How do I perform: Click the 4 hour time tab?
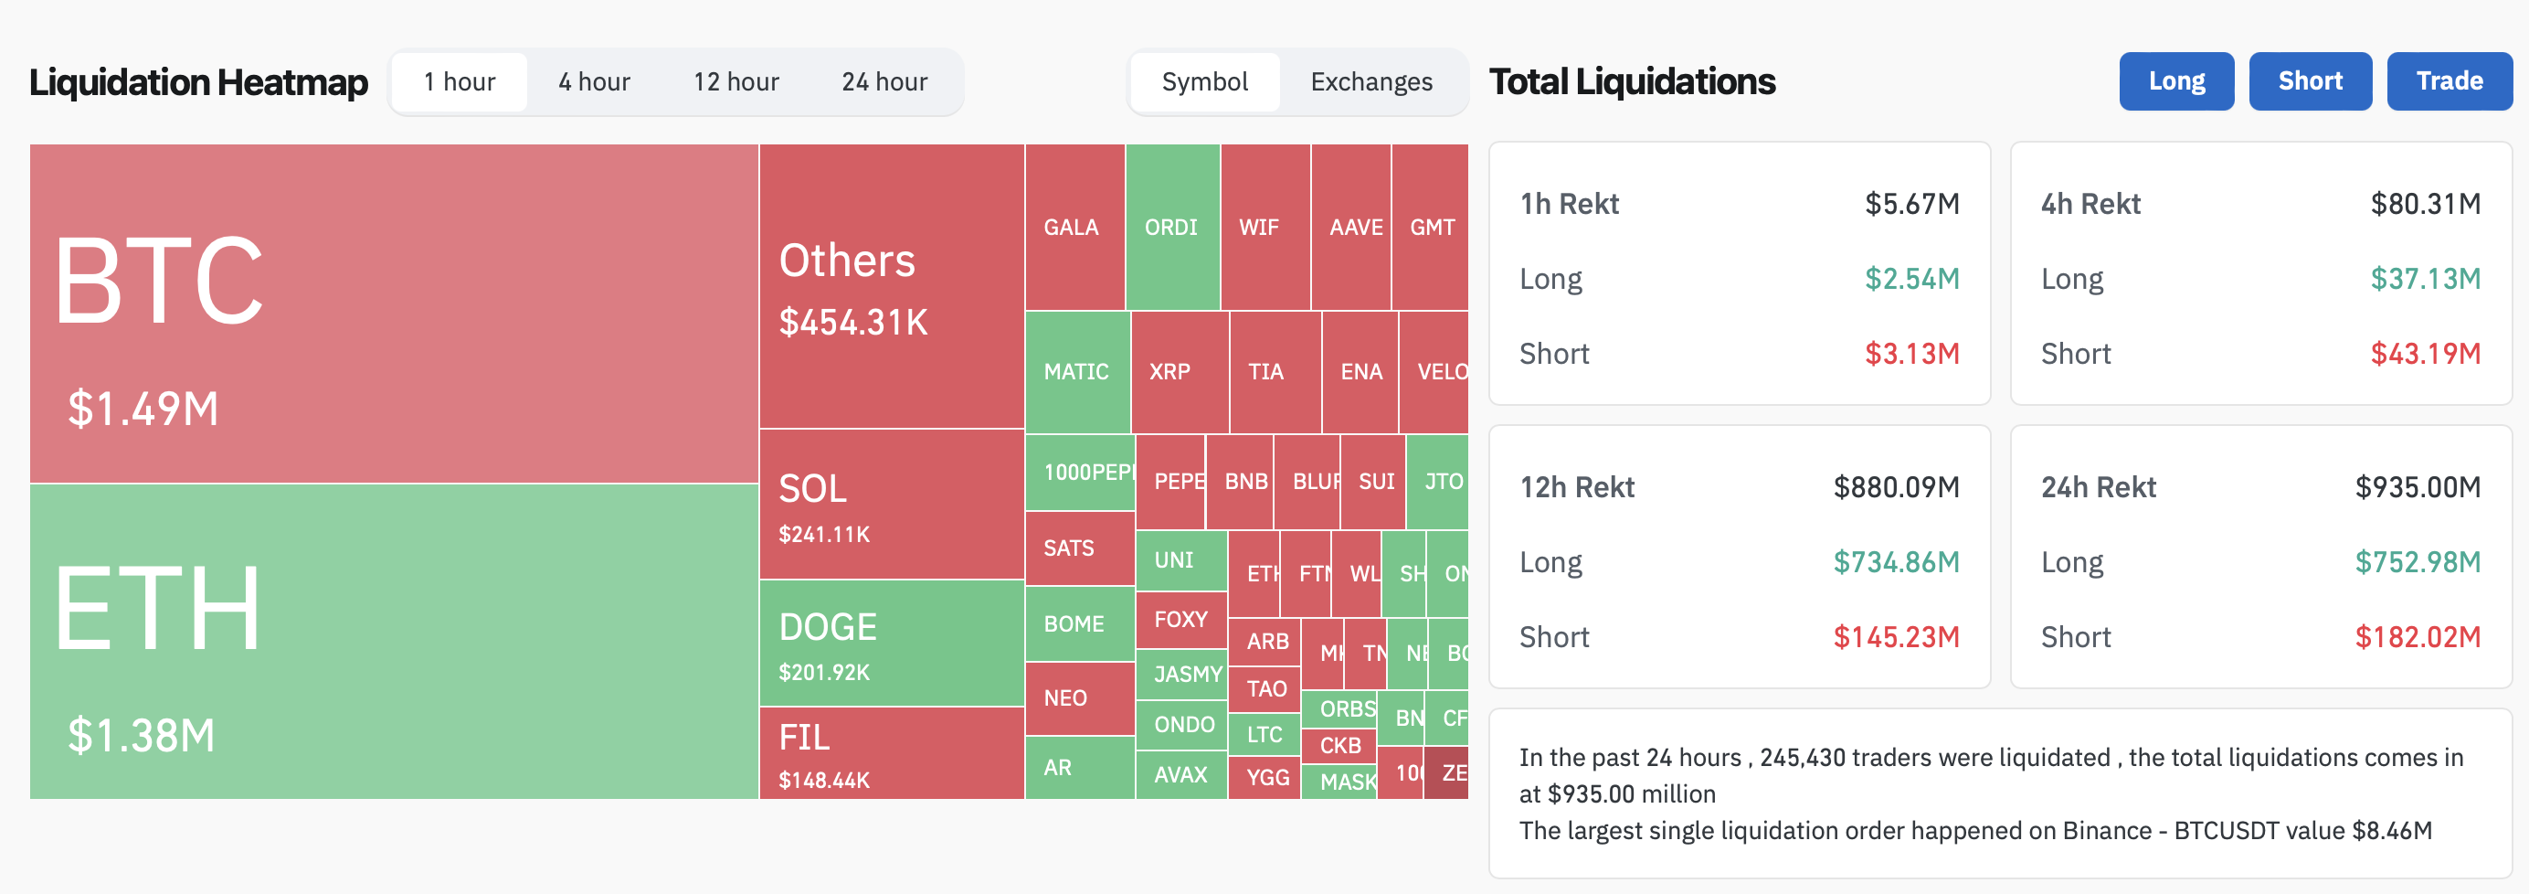point(594,81)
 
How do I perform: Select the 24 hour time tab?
point(884,81)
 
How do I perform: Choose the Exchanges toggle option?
point(1370,81)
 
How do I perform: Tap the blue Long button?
point(2175,81)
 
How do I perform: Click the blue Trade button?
point(2449,81)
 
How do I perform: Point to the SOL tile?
point(892,504)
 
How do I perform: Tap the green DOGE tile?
point(892,644)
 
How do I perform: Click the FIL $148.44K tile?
point(892,752)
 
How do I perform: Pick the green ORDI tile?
point(1172,227)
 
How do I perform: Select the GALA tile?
point(1074,227)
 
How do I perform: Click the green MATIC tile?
point(1077,371)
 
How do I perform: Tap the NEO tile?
point(1079,698)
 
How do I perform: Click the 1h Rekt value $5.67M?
point(1911,203)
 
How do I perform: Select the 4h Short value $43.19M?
point(2425,354)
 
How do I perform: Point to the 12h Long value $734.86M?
point(1896,562)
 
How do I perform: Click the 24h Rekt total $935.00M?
point(2418,487)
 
